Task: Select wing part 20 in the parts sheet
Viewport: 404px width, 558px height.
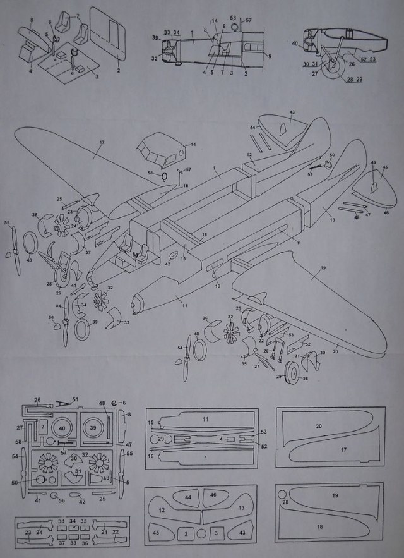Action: tap(319, 427)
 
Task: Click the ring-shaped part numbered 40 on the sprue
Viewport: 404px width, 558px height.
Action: tap(61, 428)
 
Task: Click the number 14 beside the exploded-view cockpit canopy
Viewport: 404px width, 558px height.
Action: tap(193, 145)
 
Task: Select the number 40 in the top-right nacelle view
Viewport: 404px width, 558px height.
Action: tap(295, 43)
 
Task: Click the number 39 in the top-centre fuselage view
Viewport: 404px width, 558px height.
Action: tap(154, 38)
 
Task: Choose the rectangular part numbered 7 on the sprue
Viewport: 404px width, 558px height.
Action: tap(43, 428)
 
